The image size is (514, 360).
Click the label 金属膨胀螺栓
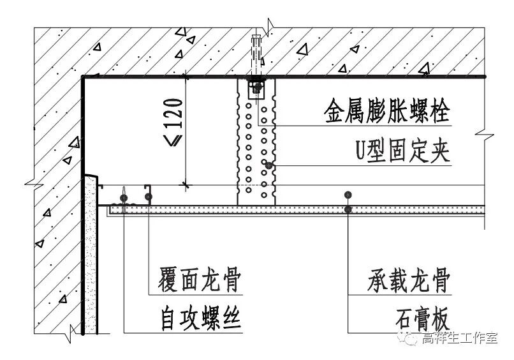(387, 113)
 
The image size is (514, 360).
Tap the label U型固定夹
(403, 153)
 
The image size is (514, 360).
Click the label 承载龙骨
(409, 280)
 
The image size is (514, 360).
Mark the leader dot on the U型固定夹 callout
(270, 165)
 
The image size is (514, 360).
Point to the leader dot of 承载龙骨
(347, 195)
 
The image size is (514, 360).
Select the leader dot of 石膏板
(348, 209)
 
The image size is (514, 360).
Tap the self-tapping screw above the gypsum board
(123, 195)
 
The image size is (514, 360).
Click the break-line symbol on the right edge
(485, 135)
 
